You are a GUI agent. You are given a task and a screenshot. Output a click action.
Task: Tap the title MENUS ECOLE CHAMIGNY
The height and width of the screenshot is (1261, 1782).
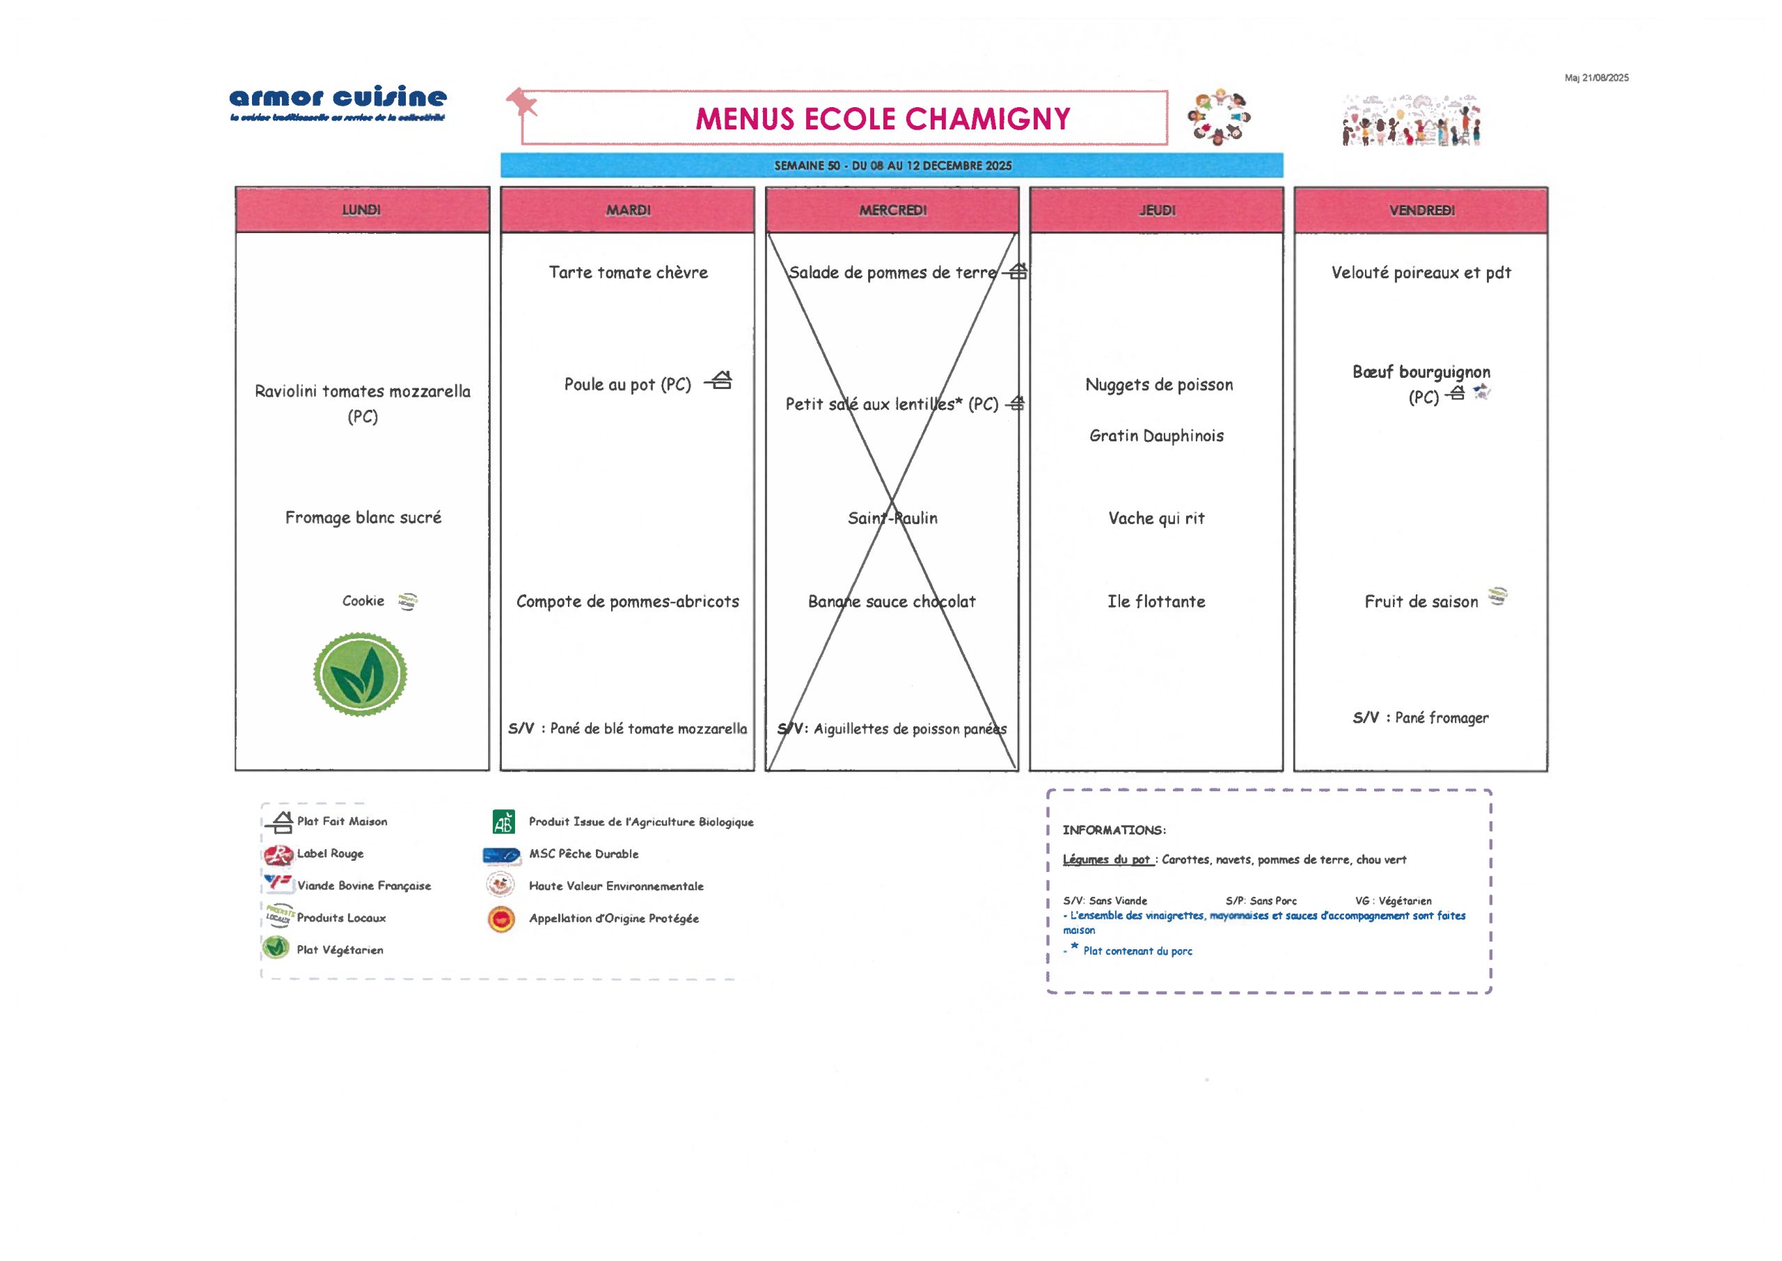(882, 119)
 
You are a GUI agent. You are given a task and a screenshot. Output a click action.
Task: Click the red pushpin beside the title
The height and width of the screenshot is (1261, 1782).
(521, 102)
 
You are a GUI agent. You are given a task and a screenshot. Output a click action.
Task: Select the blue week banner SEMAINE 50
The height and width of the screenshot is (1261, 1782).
(892, 166)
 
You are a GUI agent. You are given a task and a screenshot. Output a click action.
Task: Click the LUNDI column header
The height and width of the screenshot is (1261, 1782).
(362, 209)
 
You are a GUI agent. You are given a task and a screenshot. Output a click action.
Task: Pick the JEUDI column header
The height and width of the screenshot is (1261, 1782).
(1156, 209)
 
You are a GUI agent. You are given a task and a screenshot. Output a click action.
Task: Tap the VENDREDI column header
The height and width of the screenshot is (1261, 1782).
(1421, 209)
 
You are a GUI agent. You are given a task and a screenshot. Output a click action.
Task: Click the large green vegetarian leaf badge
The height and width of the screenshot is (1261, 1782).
(361, 674)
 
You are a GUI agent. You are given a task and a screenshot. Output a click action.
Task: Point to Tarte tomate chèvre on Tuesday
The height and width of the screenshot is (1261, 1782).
(628, 273)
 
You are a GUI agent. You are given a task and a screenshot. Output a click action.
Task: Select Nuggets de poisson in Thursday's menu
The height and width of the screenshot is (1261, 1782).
(1158, 384)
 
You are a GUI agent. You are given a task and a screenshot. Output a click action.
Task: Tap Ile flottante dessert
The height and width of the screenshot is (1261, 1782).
(1156, 601)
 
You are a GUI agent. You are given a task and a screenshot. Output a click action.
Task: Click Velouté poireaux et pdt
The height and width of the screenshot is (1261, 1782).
(1421, 273)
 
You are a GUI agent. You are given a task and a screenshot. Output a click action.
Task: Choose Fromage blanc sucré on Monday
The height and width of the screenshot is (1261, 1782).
(363, 517)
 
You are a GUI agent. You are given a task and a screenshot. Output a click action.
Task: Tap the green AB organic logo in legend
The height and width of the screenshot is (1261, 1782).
(503, 821)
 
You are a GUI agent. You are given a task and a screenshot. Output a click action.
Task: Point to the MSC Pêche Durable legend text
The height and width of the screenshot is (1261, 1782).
(583, 854)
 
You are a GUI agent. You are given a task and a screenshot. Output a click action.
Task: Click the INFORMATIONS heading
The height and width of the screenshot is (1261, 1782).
(1114, 830)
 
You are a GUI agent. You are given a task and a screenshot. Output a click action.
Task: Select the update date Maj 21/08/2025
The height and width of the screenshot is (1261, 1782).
(1595, 78)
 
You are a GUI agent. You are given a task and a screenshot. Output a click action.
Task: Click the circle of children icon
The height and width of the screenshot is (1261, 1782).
(1218, 118)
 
